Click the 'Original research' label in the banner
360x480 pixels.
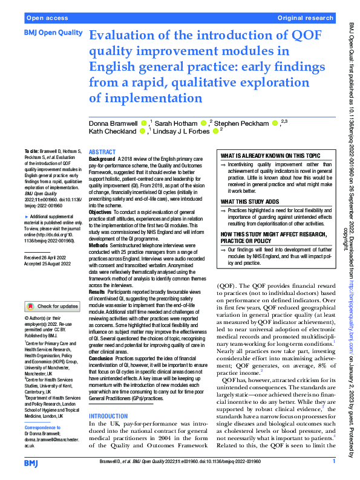(x=306, y=18)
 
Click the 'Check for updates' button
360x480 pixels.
(x=53, y=306)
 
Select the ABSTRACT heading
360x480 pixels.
(x=103, y=152)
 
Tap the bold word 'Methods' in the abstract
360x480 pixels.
(x=99, y=246)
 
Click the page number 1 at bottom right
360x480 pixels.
(x=334, y=462)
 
